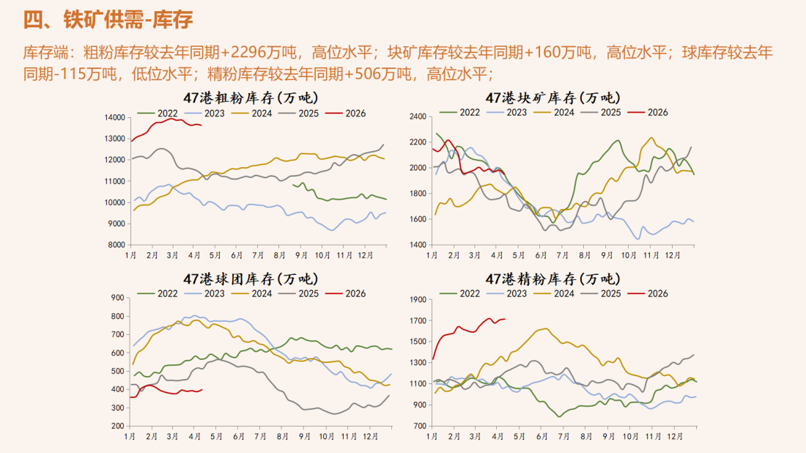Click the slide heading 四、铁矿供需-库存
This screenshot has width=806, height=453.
(x=108, y=20)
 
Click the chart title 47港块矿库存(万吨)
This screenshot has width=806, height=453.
(x=552, y=97)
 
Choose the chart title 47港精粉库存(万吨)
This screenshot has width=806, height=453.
(x=552, y=279)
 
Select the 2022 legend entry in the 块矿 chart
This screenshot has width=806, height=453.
(x=461, y=112)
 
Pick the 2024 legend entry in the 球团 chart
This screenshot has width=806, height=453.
(x=252, y=294)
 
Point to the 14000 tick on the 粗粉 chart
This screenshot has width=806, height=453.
(x=114, y=117)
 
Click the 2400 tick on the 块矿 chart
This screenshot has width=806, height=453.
(x=418, y=117)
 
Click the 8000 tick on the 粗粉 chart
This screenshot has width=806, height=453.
(x=117, y=245)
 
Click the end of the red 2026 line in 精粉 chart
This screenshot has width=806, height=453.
(x=506, y=319)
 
